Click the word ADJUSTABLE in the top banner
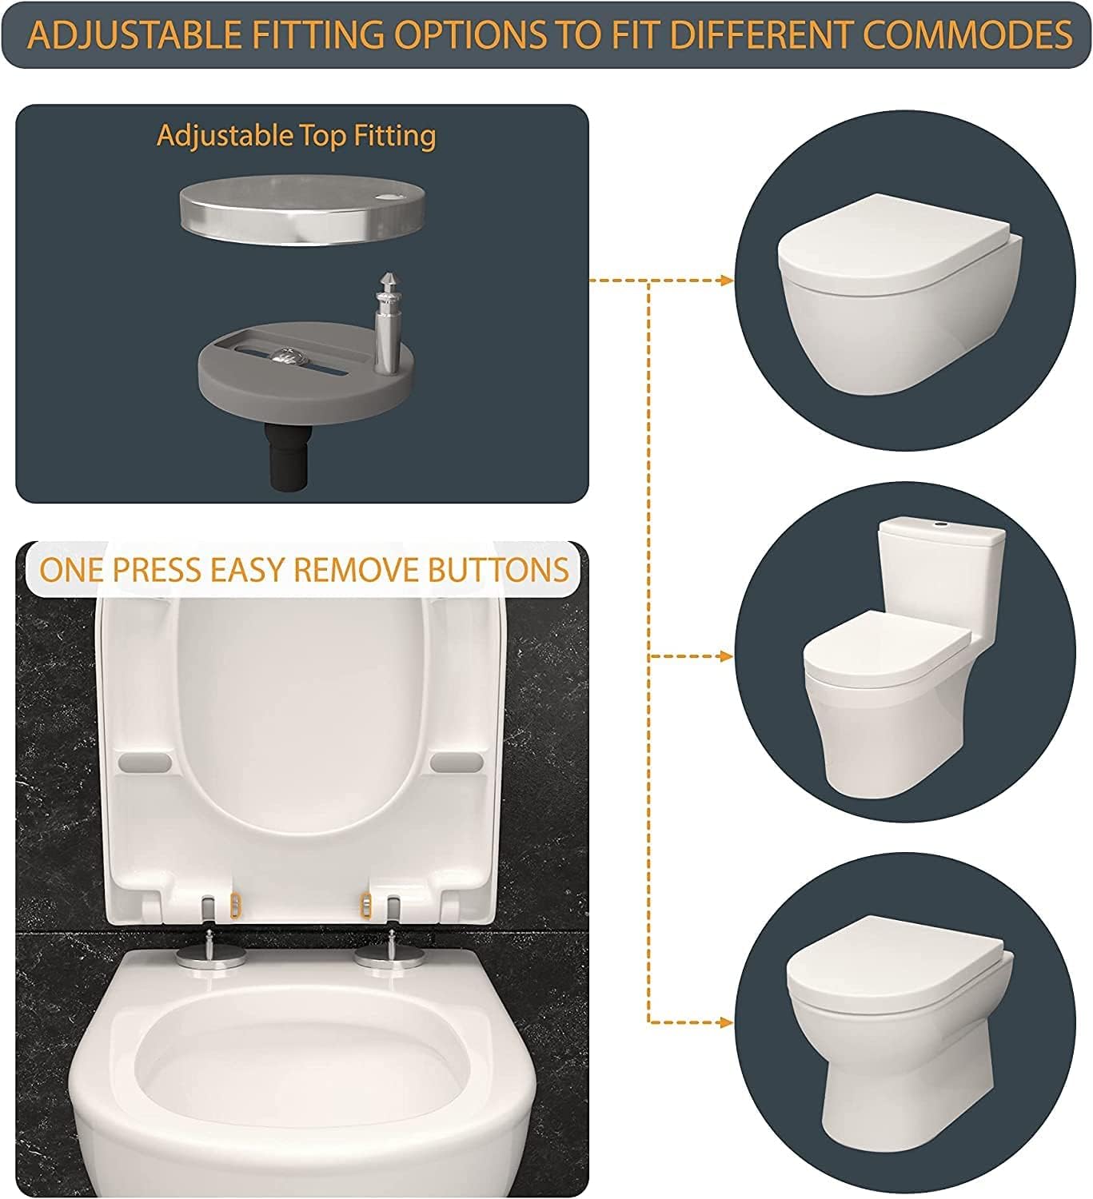click(135, 34)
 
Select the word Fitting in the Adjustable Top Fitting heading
click(395, 136)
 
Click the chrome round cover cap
click(302, 211)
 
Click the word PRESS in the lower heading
click(158, 570)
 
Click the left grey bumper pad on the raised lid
click(145, 762)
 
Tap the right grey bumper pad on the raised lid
click(457, 762)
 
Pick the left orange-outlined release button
click(236, 906)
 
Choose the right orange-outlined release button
click(365, 906)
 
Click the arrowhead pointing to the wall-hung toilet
click(726, 281)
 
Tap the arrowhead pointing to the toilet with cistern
click(726, 657)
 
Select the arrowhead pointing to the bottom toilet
click(726, 1022)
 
